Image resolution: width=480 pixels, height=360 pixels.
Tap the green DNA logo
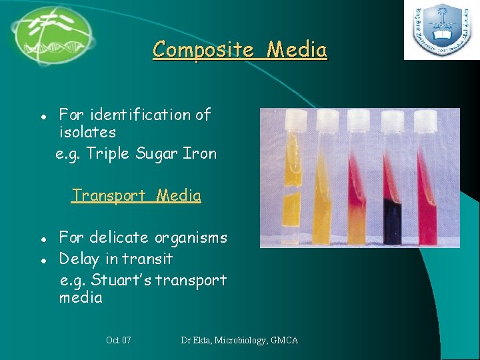point(52,35)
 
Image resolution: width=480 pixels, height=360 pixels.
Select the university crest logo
point(441,31)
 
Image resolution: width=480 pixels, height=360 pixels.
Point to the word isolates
point(87,133)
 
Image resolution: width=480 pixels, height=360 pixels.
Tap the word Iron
point(201,154)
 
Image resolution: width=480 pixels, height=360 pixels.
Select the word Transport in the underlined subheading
point(109,195)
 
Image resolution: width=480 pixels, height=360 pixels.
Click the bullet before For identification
point(43,115)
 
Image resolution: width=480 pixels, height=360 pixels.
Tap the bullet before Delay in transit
point(43,259)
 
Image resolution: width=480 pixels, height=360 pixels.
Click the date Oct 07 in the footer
point(119,341)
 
